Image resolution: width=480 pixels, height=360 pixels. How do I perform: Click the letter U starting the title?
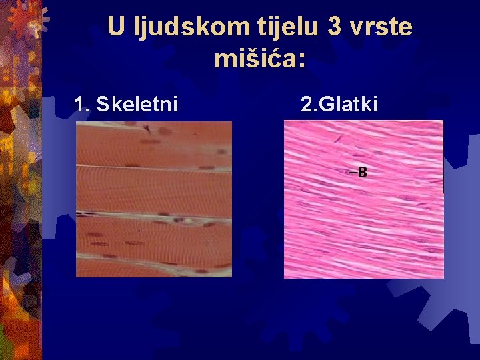click(x=116, y=27)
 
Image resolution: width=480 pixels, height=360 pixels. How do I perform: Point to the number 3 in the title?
click(x=335, y=27)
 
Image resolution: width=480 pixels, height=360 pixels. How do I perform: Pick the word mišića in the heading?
click(x=254, y=59)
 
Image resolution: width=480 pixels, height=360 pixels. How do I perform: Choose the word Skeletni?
click(x=137, y=105)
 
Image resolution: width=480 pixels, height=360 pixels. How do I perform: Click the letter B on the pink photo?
click(x=362, y=173)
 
